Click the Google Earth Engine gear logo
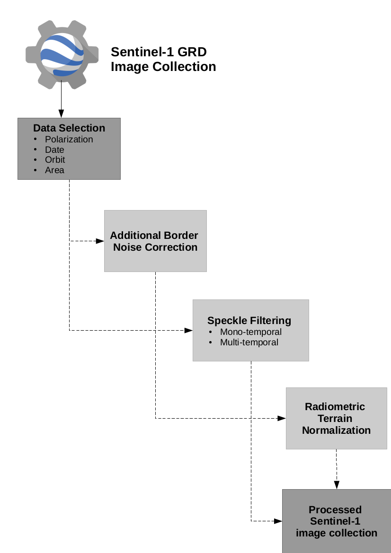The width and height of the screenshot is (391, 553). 62,54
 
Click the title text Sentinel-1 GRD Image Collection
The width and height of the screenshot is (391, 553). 163,59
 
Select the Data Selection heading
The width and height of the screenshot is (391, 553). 69,128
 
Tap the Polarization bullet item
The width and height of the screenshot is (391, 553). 69,139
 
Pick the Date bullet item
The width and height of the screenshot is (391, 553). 54,149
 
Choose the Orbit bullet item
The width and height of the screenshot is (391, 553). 55,159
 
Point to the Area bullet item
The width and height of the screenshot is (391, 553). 54,170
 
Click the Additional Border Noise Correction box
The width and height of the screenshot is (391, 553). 155,241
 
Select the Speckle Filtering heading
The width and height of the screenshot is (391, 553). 249,320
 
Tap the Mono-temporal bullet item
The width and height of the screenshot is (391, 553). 250,332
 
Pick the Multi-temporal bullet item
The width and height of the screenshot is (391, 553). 249,342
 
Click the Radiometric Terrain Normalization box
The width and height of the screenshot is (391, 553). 336,418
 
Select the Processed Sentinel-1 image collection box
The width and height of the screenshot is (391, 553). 336,521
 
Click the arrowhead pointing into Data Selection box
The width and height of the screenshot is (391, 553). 61,114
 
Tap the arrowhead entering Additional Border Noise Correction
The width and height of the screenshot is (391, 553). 100,241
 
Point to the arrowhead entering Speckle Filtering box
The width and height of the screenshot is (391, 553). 188,330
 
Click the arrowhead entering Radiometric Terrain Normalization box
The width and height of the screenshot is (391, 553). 282,418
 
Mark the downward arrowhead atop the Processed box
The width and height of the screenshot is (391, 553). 337,485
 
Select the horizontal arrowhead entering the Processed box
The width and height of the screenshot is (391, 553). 278,521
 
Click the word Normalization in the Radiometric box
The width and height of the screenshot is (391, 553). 336,430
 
